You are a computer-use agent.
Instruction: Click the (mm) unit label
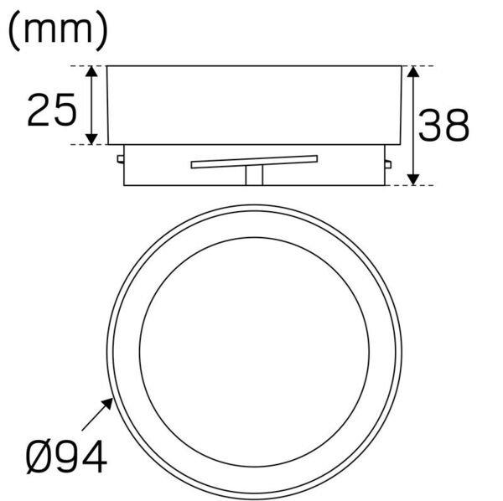click(x=58, y=30)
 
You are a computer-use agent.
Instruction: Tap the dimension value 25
click(x=52, y=110)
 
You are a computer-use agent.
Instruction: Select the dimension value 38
click(x=444, y=125)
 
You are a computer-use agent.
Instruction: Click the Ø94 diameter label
click(x=66, y=457)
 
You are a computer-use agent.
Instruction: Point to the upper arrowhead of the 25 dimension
click(x=91, y=71)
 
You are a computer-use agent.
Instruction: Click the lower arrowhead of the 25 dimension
click(x=91, y=139)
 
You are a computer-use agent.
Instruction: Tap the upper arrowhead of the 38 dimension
click(x=413, y=71)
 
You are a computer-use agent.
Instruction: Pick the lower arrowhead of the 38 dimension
click(x=413, y=180)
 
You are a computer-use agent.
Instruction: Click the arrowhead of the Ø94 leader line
click(x=108, y=403)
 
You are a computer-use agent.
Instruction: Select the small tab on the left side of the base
click(x=121, y=159)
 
